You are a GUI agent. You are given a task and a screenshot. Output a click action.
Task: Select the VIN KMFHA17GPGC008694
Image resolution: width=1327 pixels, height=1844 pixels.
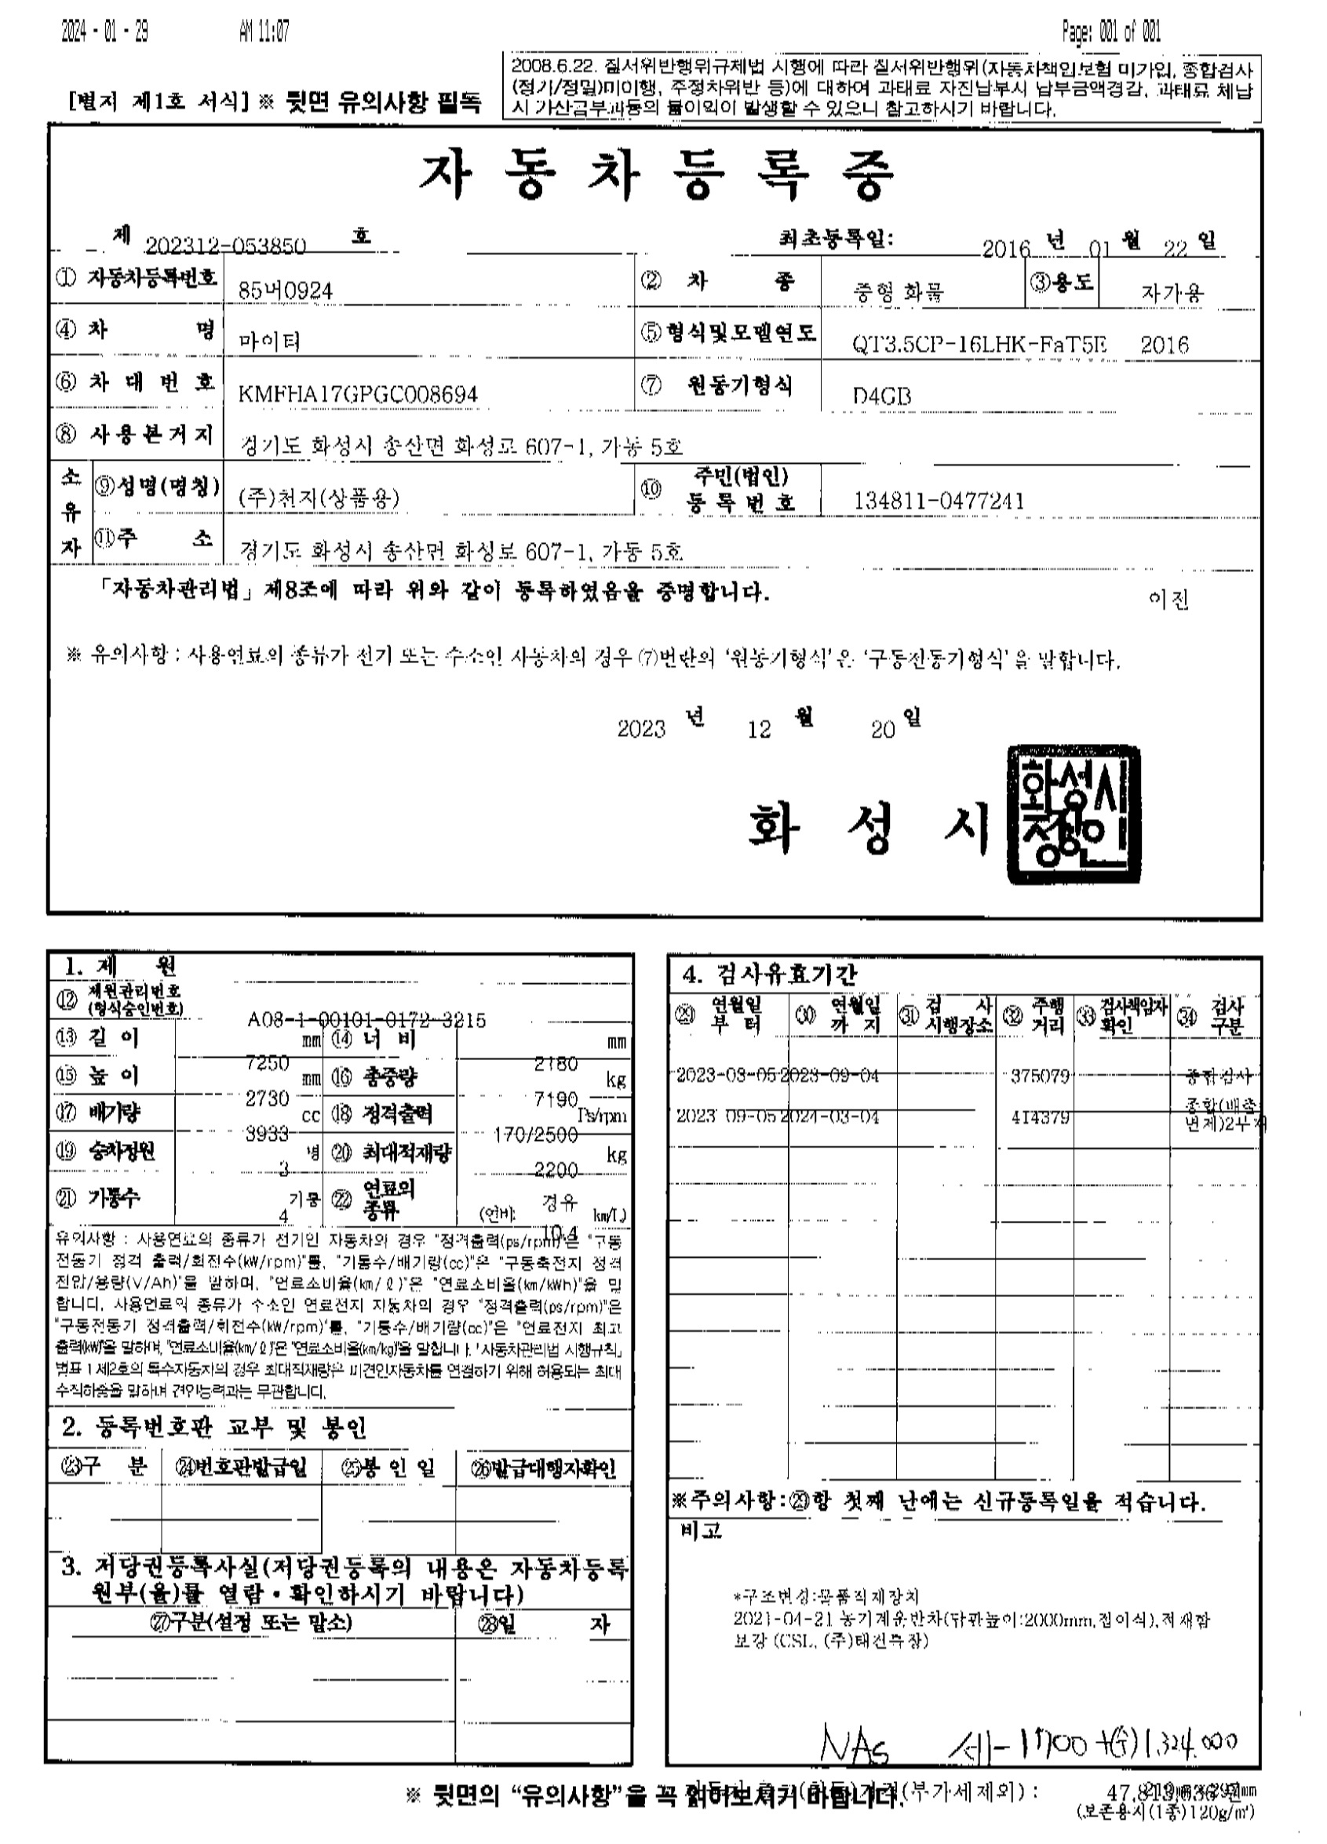point(358,395)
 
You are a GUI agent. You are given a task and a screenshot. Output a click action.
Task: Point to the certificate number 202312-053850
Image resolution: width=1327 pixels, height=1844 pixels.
point(226,246)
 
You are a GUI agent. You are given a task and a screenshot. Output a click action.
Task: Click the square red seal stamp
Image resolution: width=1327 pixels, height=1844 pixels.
point(1073,814)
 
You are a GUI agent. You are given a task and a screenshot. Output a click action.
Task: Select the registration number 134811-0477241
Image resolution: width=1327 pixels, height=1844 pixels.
point(939,501)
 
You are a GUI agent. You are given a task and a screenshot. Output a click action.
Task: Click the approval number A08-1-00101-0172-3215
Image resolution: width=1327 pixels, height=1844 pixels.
point(366,1019)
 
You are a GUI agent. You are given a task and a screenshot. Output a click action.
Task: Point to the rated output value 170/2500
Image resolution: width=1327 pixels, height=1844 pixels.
point(536,1133)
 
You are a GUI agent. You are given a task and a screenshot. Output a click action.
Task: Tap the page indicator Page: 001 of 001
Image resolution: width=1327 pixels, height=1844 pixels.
point(1110,32)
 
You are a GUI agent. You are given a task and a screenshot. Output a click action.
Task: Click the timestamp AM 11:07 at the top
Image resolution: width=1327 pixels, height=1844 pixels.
point(264,32)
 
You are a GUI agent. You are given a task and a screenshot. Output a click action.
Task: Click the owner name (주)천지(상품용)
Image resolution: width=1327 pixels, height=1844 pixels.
point(319,498)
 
